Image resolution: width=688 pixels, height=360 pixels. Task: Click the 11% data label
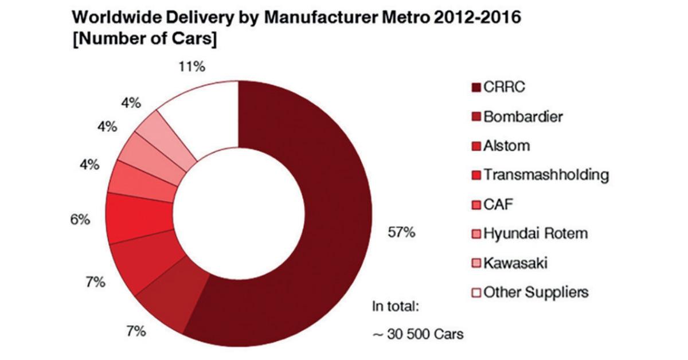(x=192, y=67)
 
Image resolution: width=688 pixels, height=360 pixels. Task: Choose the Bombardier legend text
(x=523, y=117)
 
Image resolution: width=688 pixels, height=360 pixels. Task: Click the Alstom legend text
(x=507, y=146)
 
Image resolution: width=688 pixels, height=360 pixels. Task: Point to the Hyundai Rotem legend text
(x=535, y=233)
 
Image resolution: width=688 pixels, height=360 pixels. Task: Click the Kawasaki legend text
(x=515, y=263)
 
